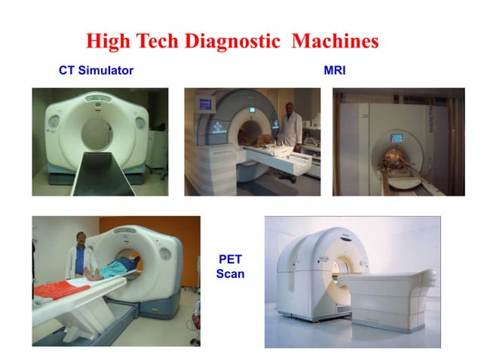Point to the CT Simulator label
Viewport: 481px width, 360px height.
tap(96, 71)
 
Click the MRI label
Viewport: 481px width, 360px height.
tap(334, 71)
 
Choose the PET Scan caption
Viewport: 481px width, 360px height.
tap(230, 267)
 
